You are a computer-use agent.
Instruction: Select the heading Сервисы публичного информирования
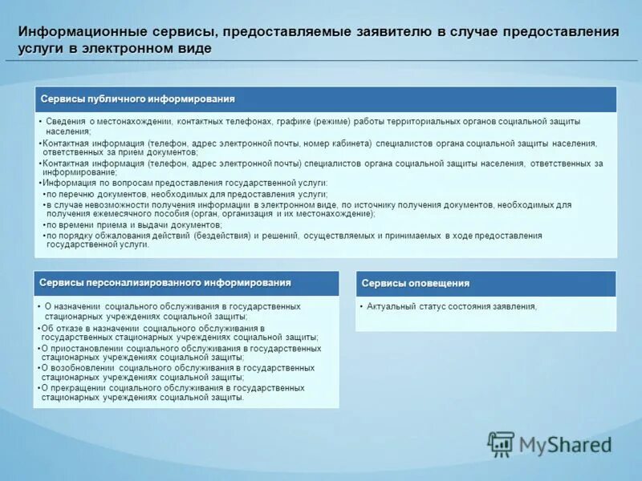tap(138, 99)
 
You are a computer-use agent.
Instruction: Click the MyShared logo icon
tap(501, 443)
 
